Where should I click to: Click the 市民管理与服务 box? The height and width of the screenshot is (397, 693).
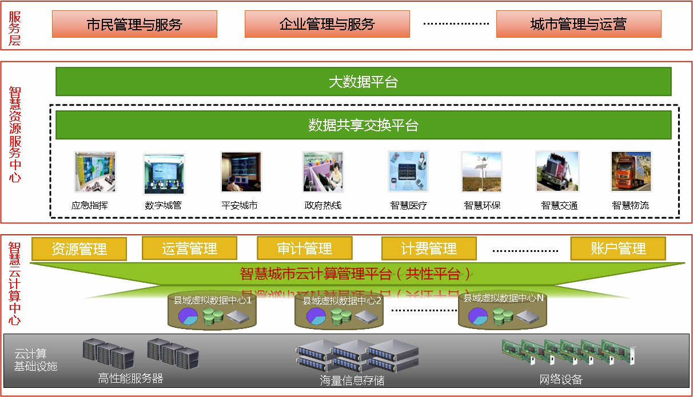134,24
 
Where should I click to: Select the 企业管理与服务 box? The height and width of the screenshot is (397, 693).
327,24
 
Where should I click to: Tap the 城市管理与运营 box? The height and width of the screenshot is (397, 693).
578,24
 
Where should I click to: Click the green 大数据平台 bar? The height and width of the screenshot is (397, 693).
363,82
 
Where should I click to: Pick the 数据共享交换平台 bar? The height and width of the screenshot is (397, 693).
363,125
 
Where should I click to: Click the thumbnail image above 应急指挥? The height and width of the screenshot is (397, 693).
94,171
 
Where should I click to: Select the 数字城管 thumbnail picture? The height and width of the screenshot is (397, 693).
164,173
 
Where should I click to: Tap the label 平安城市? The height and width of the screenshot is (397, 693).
239,206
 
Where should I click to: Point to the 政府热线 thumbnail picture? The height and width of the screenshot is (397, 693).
322,172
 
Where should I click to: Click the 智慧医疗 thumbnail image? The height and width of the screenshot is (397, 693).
408,171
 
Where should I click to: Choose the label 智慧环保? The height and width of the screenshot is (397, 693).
482,206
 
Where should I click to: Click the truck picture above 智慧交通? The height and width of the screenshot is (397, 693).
557,171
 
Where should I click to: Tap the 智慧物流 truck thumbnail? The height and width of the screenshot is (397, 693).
631,171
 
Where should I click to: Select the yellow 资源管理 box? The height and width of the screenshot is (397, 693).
79,249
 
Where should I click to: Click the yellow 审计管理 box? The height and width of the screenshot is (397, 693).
304,248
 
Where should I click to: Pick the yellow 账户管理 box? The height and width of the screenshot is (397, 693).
618,248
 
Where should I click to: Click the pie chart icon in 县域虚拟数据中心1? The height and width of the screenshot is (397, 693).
188,316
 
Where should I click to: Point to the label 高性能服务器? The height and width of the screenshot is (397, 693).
130,378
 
